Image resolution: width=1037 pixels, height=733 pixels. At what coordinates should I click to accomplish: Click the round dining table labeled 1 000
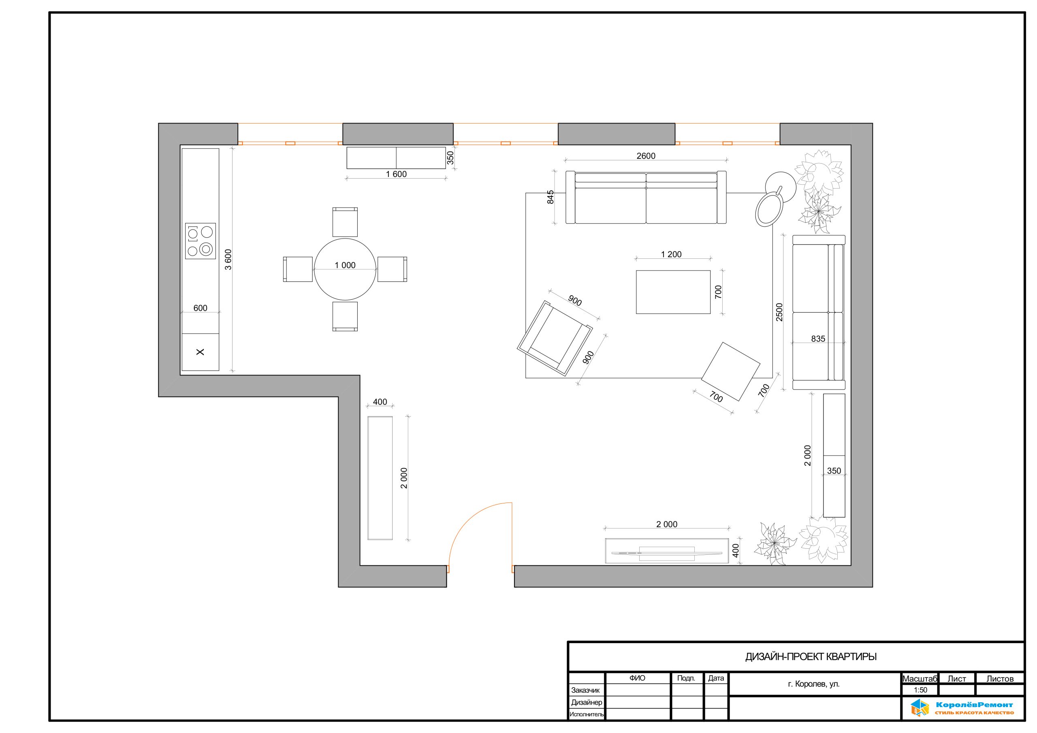(x=345, y=269)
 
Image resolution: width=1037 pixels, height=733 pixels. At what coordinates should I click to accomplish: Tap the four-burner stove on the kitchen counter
(x=201, y=241)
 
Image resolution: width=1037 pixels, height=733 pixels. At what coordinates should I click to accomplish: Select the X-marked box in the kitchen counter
(x=201, y=352)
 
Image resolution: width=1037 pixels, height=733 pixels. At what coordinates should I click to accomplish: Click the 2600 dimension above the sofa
(x=646, y=156)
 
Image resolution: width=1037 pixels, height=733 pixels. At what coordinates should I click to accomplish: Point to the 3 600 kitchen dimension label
(x=228, y=260)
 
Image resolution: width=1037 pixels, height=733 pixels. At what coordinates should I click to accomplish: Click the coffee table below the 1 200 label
(x=673, y=292)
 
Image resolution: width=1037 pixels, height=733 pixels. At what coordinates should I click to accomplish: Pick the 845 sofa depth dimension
(x=551, y=197)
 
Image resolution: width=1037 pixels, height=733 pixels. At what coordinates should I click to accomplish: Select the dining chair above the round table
(x=345, y=222)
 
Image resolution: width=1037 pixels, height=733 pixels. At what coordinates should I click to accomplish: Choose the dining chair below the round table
(x=345, y=317)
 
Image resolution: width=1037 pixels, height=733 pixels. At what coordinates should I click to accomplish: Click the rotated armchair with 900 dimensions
(x=555, y=339)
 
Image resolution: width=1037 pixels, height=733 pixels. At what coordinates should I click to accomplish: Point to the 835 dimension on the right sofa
(x=818, y=339)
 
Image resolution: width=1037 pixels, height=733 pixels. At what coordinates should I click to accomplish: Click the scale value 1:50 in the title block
(x=920, y=690)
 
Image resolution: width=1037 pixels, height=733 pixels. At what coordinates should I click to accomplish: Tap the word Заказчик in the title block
(x=585, y=690)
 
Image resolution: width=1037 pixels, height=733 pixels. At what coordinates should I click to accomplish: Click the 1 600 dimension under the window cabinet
(x=396, y=174)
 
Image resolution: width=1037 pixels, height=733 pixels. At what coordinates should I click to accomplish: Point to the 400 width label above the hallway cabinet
(x=380, y=402)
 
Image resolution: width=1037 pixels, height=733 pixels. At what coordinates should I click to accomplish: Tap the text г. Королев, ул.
(x=813, y=684)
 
